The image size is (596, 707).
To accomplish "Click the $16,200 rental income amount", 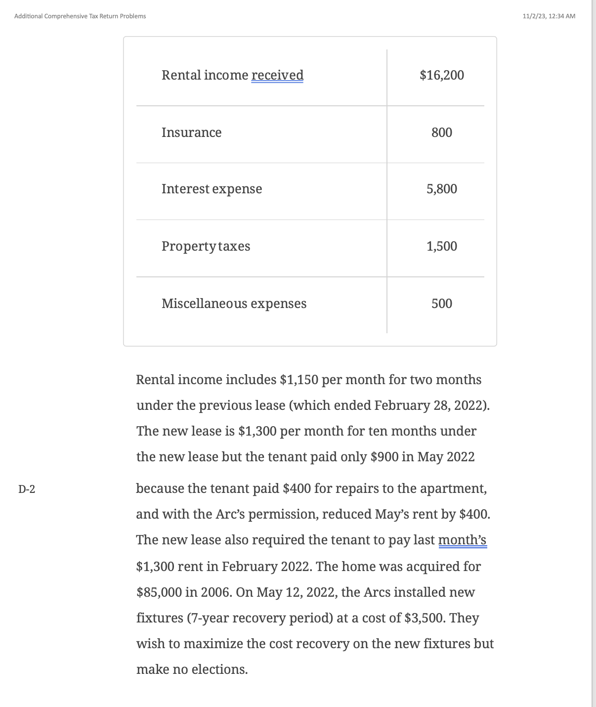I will (441, 75).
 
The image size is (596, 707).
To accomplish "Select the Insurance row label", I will (191, 133).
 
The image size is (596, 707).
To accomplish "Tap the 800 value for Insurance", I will (441, 133).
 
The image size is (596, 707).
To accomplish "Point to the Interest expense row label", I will (212, 189).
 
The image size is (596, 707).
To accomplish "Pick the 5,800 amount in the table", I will (441, 189).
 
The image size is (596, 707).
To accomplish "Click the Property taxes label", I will (206, 246).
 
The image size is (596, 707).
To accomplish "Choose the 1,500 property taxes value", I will (441, 246).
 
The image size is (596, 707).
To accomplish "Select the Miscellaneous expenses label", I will (234, 304).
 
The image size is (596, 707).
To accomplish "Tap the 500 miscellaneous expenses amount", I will (441, 304).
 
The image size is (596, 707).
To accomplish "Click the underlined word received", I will (277, 75).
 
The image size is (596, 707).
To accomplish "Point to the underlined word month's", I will (462, 540).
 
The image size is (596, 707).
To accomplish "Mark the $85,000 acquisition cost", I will (159, 592).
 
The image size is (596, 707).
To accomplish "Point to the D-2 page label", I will (27, 489).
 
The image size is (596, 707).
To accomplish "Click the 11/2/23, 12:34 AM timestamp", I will (549, 16).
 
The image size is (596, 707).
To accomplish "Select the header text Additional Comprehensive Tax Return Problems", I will (80, 16).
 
